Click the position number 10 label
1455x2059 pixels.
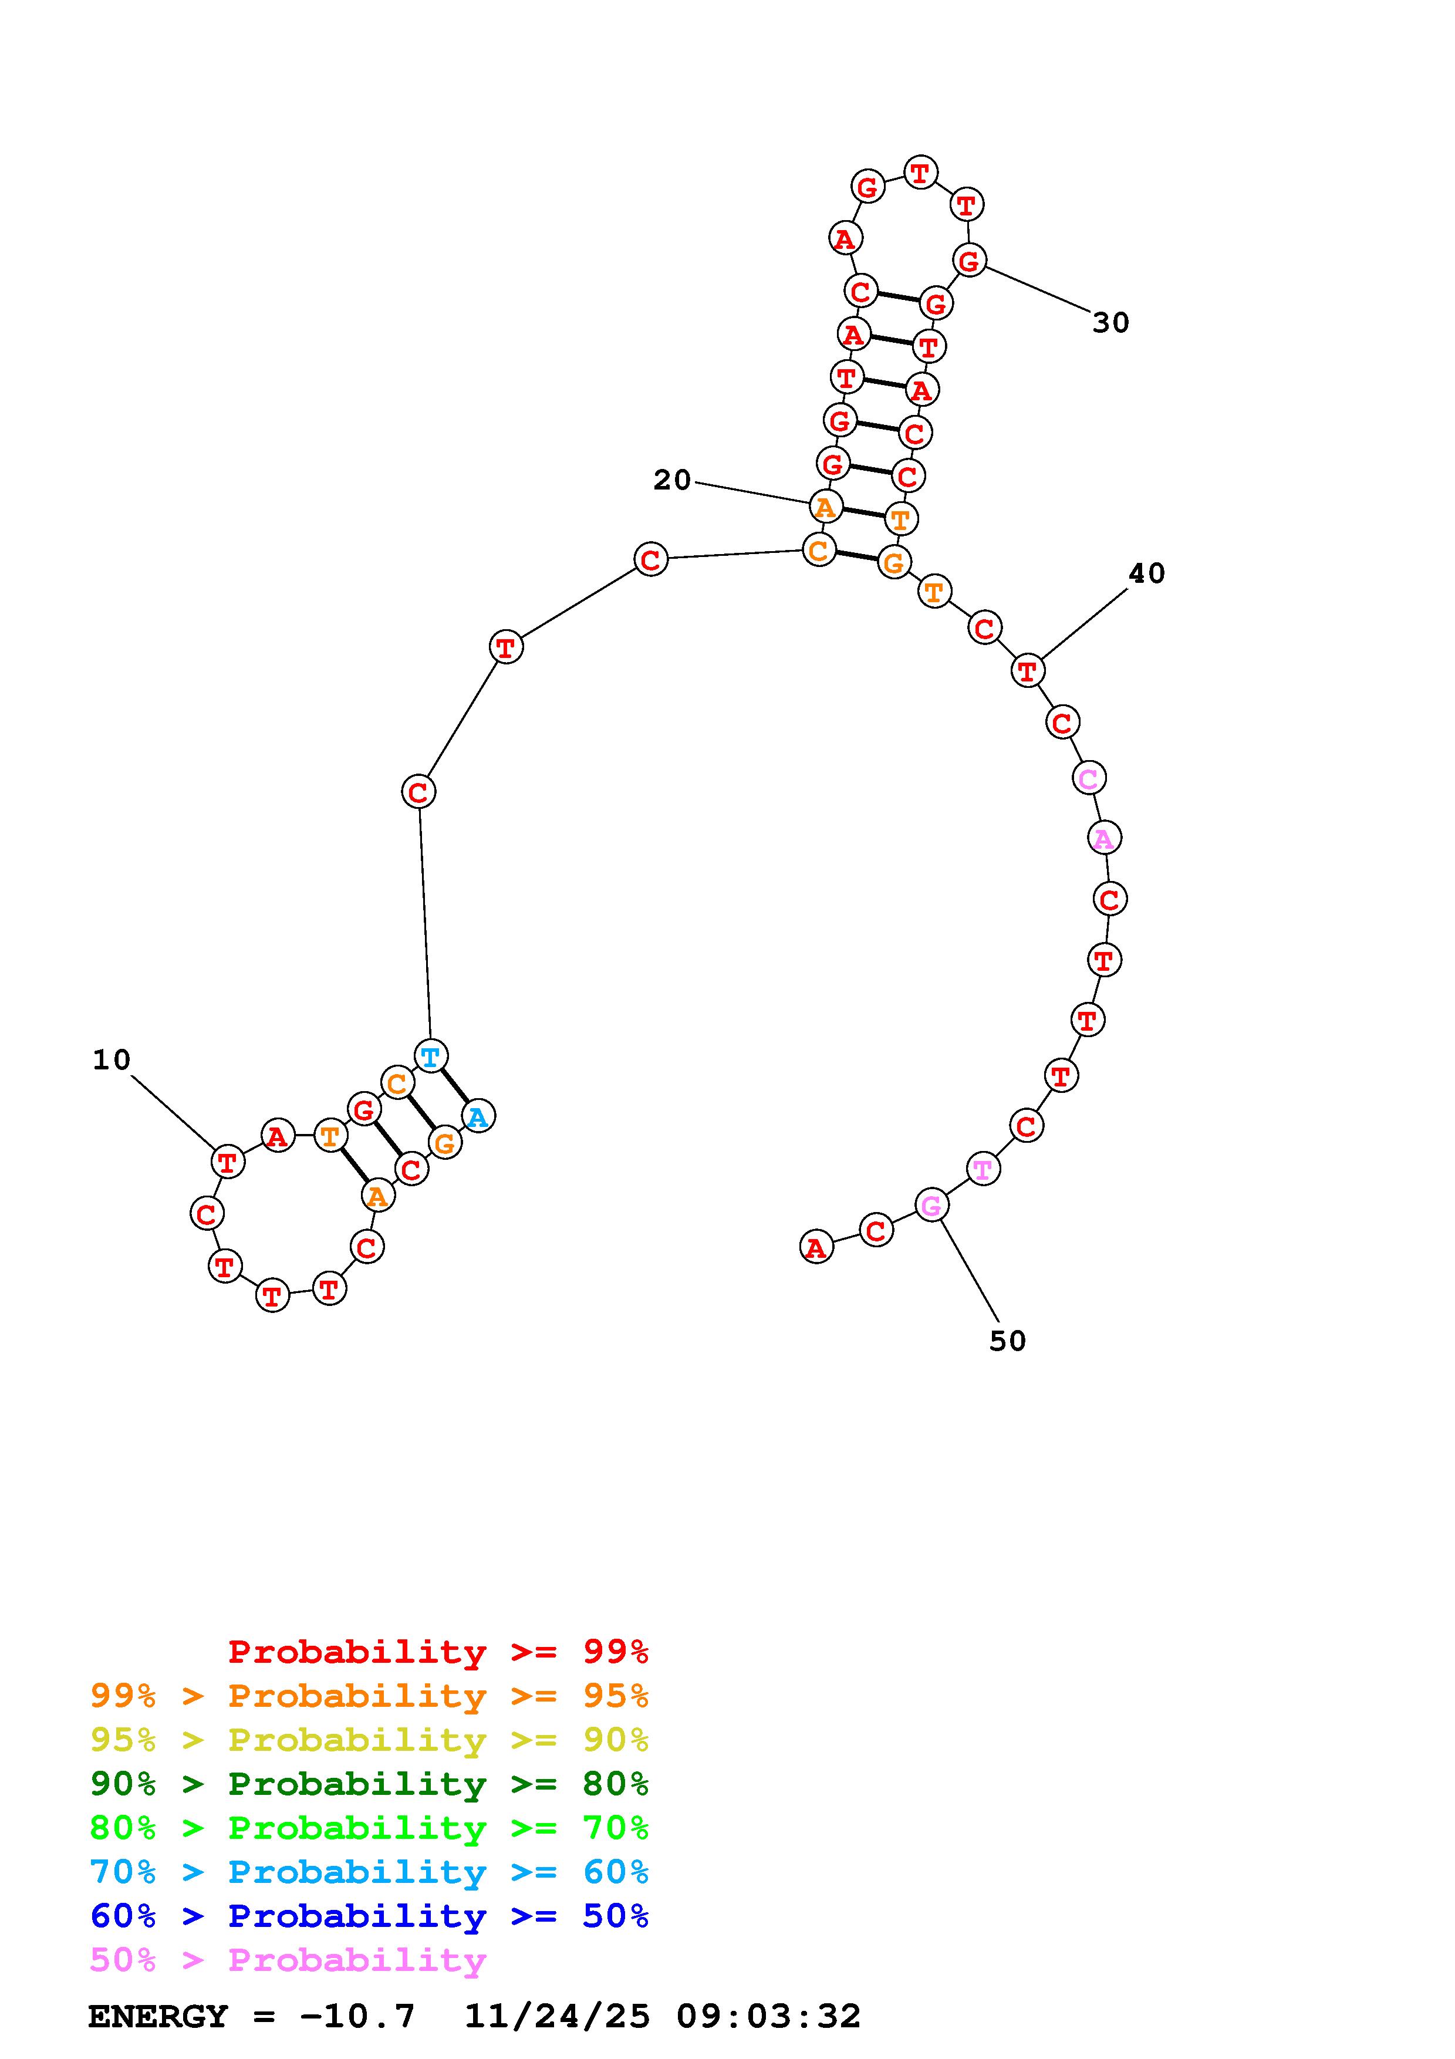pos(112,1060)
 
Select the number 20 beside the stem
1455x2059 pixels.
pos(673,481)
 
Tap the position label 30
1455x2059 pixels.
pos(1110,323)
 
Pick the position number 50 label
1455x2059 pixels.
pos(1008,1341)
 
